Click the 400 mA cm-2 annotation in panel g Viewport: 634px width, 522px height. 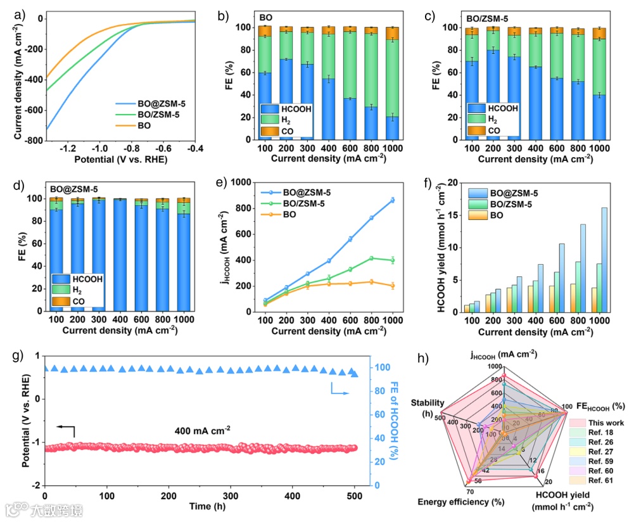click(202, 430)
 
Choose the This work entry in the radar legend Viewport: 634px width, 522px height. click(604, 423)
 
